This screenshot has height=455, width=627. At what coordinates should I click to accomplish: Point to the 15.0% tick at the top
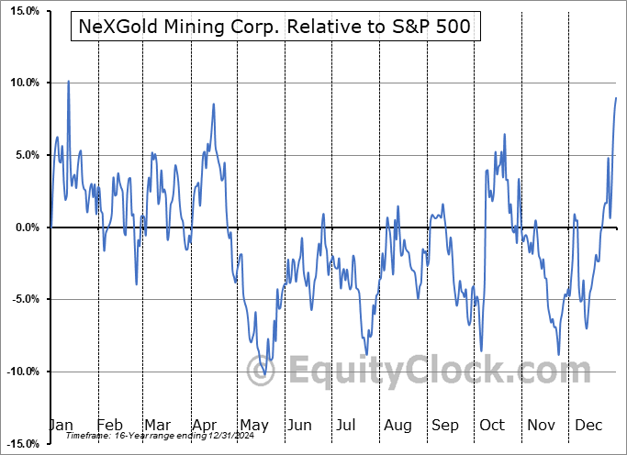(21, 11)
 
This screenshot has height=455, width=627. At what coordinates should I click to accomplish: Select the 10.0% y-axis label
(21, 83)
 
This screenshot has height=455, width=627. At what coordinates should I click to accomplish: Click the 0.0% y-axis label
(24, 227)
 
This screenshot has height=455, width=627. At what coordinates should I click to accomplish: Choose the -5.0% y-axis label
(22, 299)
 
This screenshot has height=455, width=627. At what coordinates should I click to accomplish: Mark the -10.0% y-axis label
(19, 372)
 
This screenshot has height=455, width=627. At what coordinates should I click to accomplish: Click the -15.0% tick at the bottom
(19, 443)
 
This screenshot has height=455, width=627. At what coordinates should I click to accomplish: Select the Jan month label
(62, 425)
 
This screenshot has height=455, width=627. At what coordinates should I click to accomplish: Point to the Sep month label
(445, 425)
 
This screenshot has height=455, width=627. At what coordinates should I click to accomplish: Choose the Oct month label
(493, 425)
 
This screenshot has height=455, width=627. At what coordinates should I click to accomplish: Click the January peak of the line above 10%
(68, 81)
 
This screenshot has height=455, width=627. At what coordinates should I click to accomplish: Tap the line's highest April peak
(214, 104)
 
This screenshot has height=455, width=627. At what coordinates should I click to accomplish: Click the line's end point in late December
(616, 97)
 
